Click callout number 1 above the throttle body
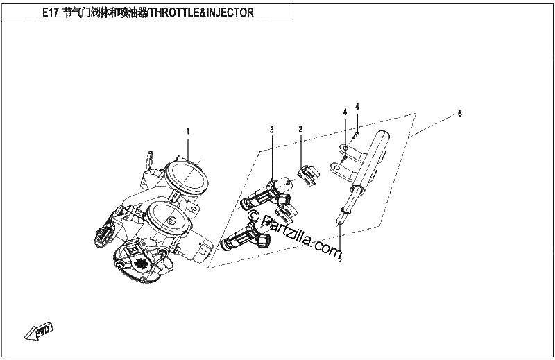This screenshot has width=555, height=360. pyautogui.click(x=188, y=131)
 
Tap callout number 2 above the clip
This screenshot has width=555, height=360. pyautogui.click(x=300, y=129)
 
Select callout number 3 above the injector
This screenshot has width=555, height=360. pyautogui.click(x=272, y=130)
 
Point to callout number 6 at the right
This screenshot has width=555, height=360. pyautogui.click(x=459, y=114)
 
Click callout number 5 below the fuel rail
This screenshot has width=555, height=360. pyautogui.click(x=340, y=260)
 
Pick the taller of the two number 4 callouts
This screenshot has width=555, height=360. pyautogui.click(x=357, y=107)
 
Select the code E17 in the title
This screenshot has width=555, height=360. pyautogui.click(x=50, y=13)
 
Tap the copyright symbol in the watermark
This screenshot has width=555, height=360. pyautogui.click(x=253, y=215)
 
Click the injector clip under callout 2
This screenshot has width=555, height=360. pyautogui.click(x=308, y=175)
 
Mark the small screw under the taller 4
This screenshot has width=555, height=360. pyautogui.click(x=357, y=134)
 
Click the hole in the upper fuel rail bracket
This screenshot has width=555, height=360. pyautogui.click(x=345, y=147)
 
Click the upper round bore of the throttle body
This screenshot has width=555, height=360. pyautogui.click(x=187, y=176)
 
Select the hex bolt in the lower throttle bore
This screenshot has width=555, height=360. pyautogui.click(x=171, y=221)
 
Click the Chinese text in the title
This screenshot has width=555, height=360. pyautogui.click(x=105, y=13)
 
